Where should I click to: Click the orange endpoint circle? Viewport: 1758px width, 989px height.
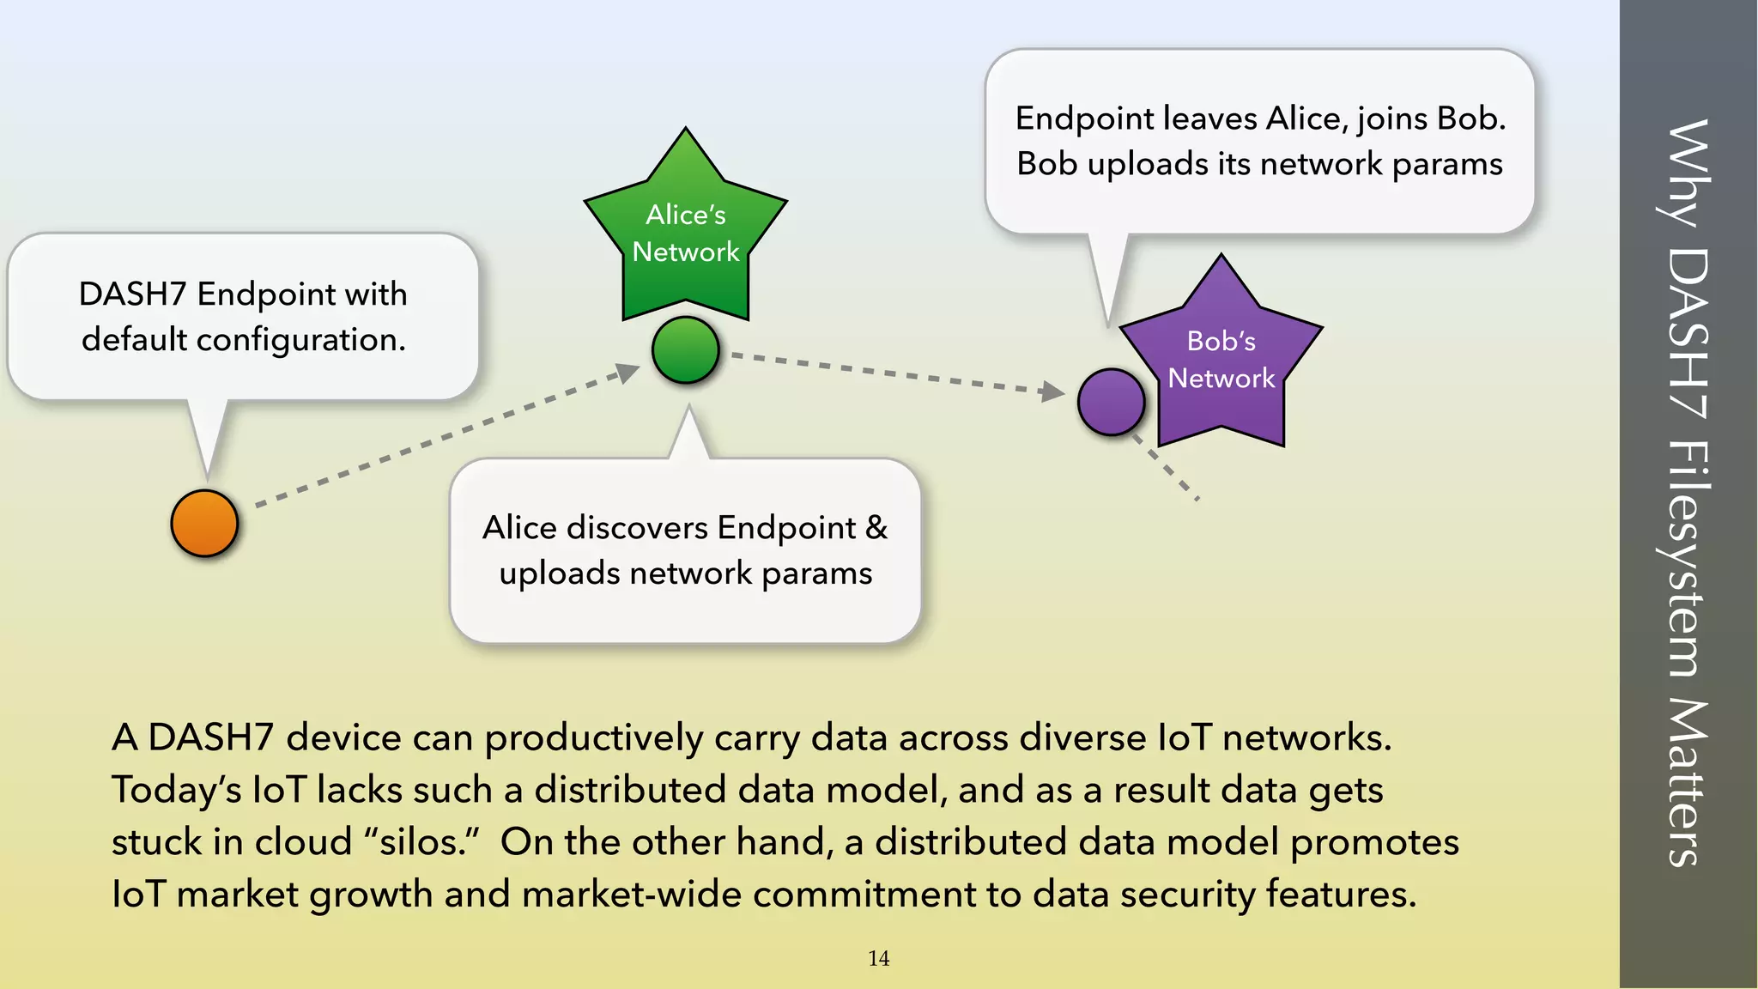point(204,524)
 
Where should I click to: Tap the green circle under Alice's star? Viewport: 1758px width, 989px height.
point(685,350)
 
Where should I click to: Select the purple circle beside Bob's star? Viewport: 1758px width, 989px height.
point(1111,402)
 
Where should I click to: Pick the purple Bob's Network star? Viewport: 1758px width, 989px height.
point(1222,361)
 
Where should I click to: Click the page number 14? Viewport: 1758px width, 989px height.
point(878,959)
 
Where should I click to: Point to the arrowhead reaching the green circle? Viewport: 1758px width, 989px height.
point(629,373)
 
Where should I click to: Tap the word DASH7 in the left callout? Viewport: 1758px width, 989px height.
point(132,294)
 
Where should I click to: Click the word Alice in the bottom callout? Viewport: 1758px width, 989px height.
point(519,528)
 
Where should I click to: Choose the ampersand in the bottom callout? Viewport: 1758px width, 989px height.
point(876,527)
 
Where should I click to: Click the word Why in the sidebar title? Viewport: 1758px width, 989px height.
point(1688,172)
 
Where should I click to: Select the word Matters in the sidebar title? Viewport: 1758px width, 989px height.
point(1688,781)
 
